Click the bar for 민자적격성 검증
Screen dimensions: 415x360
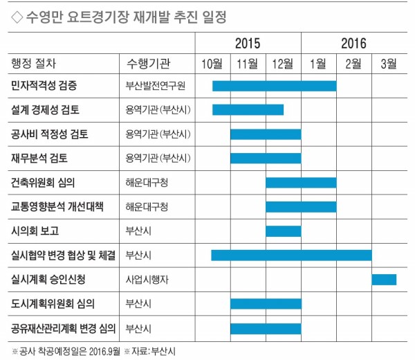point(275,86)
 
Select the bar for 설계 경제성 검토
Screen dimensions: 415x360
point(248,110)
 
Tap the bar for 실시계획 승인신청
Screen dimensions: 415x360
point(384,280)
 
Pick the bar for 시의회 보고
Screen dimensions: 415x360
point(284,231)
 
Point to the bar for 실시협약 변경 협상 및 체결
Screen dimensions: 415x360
point(291,255)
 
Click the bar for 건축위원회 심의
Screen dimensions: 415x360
point(301,183)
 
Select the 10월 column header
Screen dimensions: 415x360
point(212,64)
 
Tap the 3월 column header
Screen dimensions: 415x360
point(389,64)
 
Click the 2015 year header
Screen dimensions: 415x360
point(248,44)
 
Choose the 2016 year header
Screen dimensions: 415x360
point(353,44)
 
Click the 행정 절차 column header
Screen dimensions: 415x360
point(34,64)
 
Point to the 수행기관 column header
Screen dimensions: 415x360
point(148,64)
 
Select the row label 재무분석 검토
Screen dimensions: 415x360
point(39,159)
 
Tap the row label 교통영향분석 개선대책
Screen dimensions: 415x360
point(57,206)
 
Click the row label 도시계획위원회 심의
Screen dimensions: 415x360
point(53,303)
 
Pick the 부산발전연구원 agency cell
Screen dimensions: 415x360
point(156,86)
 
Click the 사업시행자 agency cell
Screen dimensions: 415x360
point(147,280)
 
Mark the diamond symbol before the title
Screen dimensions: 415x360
point(17,17)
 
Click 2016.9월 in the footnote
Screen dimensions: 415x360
point(104,352)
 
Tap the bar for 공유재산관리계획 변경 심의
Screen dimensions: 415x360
point(266,329)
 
